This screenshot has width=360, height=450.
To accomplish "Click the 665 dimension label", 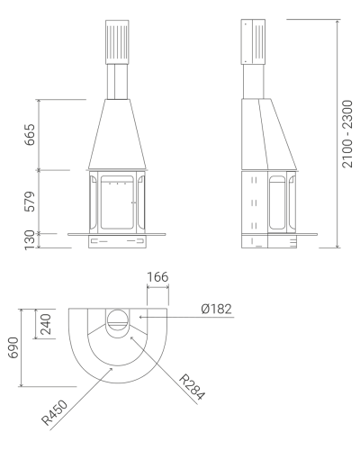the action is point(30,135).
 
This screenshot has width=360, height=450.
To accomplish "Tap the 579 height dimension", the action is point(30,202).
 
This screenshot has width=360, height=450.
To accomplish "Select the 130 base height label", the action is point(30,240).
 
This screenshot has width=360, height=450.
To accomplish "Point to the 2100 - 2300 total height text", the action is point(347,134).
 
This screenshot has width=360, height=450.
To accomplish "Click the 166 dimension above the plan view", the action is point(157,277).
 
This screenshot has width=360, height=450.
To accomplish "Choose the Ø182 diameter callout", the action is point(217,309).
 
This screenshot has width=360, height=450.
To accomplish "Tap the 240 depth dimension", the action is point(46,324).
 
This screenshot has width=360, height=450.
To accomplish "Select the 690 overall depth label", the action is point(13,347).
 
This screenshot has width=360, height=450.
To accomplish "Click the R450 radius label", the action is point(55,413).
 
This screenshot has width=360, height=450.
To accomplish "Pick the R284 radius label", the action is point(193,387).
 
